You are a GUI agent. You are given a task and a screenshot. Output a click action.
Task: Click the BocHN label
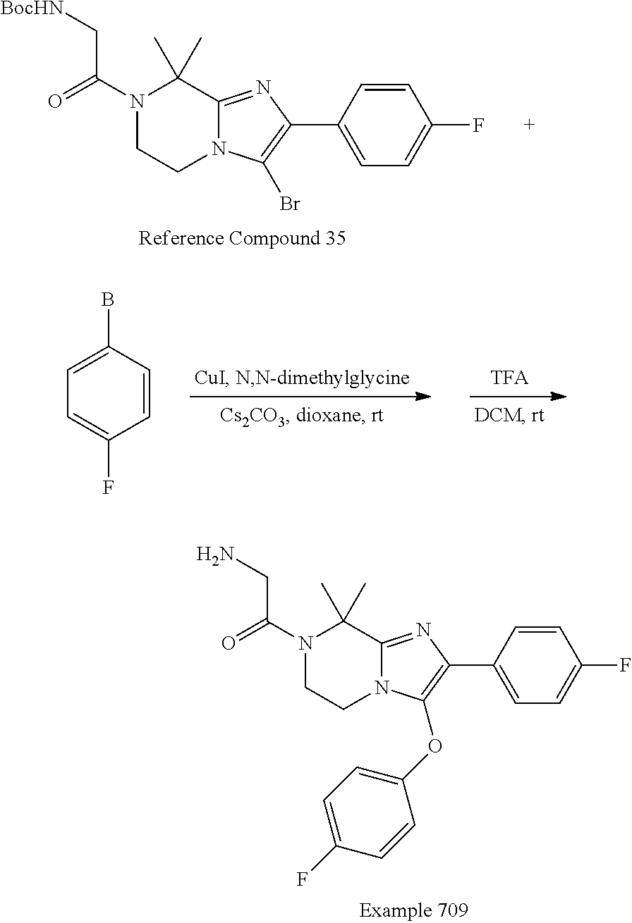[30, 8]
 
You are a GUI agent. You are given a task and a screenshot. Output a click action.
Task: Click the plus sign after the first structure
[530, 125]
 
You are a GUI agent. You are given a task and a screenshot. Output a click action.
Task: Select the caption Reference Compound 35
[242, 238]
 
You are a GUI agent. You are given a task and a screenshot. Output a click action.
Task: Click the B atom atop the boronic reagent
[107, 301]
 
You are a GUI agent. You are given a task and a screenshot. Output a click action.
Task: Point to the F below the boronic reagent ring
[107, 487]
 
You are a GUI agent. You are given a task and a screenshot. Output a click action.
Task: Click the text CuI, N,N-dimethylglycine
[302, 378]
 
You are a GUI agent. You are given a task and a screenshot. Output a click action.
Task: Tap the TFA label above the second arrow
[510, 378]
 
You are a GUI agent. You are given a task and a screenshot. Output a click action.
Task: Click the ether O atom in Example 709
[435, 745]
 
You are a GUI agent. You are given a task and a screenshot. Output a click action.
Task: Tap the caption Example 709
[413, 910]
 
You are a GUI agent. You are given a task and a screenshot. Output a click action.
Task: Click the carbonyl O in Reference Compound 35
[54, 101]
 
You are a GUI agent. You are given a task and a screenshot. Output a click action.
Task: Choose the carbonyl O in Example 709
[227, 643]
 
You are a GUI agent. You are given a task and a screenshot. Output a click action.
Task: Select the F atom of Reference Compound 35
[478, 125]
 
